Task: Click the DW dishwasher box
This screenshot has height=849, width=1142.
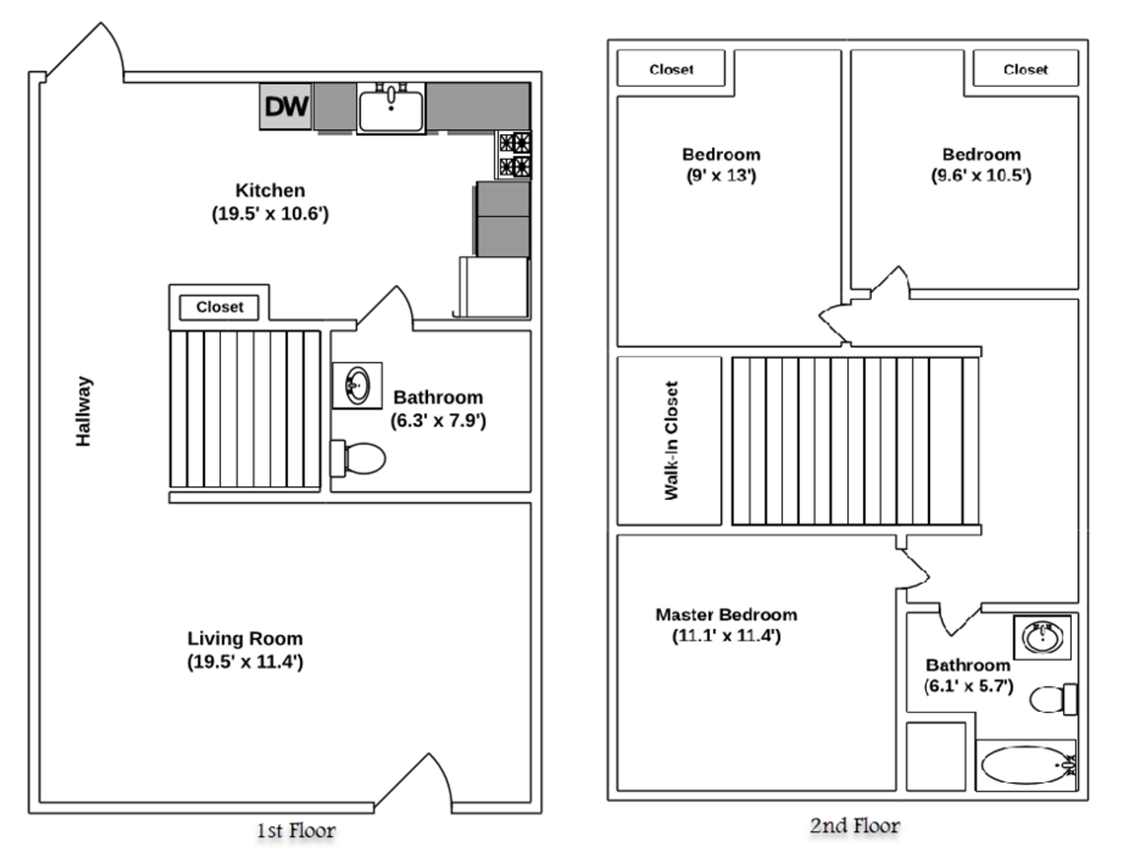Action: click(285, 106)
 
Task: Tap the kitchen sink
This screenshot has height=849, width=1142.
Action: click(391, 109)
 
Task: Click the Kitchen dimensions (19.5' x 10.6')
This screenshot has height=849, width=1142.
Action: click(270, 213)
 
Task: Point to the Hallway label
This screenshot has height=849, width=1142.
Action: click(83, 411)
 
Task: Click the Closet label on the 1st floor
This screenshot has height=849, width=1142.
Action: click(219, 307)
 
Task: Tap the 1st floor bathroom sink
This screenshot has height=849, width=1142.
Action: click(357, 386)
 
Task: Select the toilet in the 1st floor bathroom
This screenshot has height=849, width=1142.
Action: click(359, 458)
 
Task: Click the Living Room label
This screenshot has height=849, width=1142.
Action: click(245, 639)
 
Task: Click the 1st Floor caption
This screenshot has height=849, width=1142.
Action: click(296, 831)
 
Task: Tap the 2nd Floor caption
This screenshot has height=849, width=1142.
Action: click(855, 826)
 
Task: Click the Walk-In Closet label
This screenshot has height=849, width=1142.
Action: click(671, 441)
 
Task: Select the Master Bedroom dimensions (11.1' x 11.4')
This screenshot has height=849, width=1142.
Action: click(726, 636)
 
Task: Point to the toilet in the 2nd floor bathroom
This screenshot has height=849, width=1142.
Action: click(1053, 699)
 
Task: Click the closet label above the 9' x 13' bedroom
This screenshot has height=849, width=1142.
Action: click(671, 70)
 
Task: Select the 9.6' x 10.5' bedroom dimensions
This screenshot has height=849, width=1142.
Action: click(981, 175)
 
